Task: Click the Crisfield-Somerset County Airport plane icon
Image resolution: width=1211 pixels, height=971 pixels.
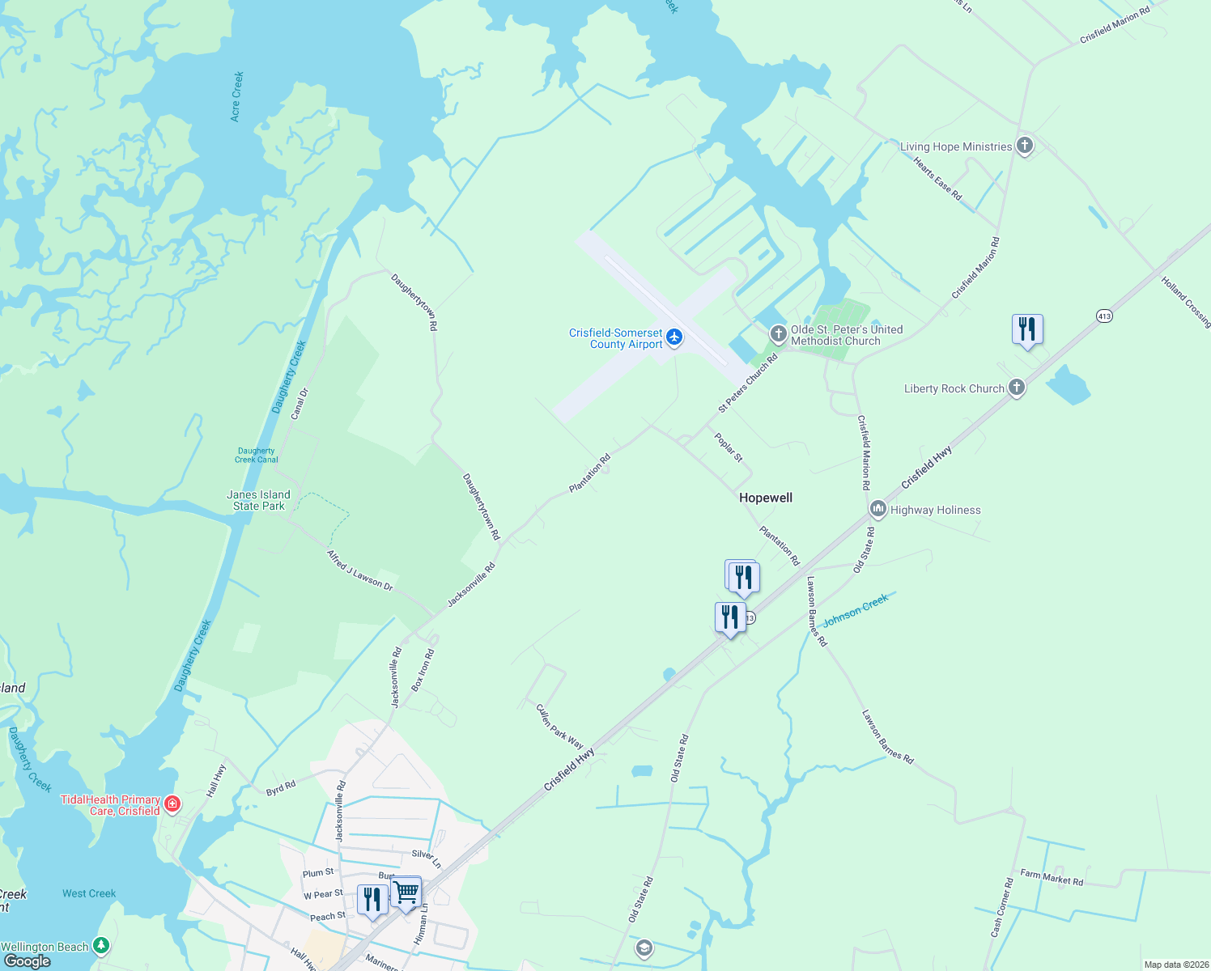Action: coord(674,337)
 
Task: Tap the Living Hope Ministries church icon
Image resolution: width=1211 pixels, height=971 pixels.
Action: coord(1025,146)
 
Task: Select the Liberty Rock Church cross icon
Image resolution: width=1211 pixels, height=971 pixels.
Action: coord(1017,388)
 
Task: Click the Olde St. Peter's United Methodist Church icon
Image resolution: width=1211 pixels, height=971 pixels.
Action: coord(778,333)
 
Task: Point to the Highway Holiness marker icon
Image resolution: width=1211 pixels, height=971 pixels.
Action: coord(878,509)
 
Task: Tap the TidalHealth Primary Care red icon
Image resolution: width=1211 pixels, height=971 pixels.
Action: coord(172,804)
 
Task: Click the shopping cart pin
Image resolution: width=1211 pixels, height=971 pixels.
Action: coord(406,893)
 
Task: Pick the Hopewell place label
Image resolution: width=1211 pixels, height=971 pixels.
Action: coord(766,498)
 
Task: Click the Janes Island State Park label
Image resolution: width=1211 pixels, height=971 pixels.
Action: coord(258,500)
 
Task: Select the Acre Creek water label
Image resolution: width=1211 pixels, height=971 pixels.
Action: coord(236,96)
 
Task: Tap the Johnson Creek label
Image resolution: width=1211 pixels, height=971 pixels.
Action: coord(855,610)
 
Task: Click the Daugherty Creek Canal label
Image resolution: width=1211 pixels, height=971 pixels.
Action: coord(257,456)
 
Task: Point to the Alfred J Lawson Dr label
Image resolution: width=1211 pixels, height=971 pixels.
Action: coord(359,570)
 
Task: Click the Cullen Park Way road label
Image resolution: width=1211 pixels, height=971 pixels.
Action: coord(559,726)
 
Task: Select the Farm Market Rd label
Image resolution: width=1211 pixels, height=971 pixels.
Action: coord(1052,877)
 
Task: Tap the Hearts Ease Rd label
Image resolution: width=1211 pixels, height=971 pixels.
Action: coord(937,179)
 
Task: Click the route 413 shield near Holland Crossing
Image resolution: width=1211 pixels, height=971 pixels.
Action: coord(1105,316)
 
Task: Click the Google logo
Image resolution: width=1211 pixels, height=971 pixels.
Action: coord(28,960)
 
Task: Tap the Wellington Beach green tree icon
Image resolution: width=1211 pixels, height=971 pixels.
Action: coord(101,945)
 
